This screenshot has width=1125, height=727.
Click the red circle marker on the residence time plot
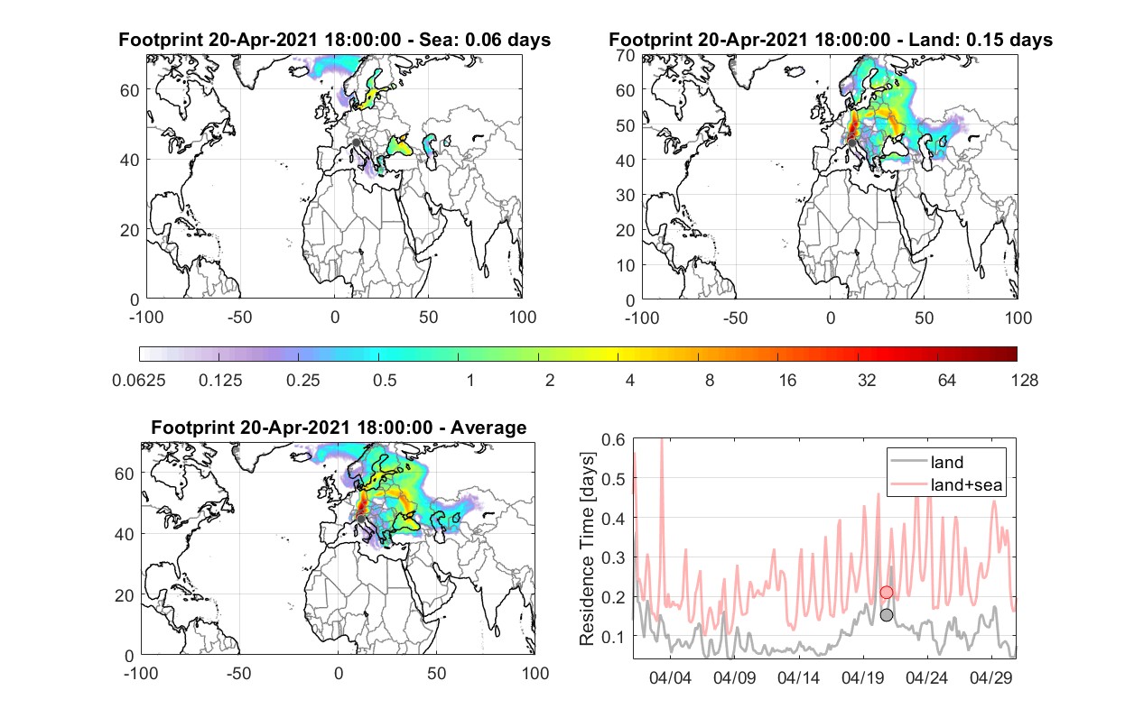tap(887, 592)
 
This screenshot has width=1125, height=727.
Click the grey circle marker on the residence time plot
tap(887, 614)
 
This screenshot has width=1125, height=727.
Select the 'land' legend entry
tap(947, 462)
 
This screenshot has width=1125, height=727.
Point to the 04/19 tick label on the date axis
tap(862, 677)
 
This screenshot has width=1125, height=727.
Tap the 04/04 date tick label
tap(670, 677)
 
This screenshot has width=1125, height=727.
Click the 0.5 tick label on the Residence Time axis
tap(613, 479)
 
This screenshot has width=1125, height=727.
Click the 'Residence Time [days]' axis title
tap(587, 548)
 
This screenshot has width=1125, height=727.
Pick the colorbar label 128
tap(1024, 381)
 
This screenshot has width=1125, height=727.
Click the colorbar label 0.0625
tap(139, 381)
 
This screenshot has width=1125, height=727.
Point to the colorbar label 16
tap(787, 381)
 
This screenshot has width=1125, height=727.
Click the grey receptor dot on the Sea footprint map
tap(356, 143)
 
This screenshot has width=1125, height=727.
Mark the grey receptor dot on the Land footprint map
tap(851, 143)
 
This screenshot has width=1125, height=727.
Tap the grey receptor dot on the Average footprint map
tap(360, 519)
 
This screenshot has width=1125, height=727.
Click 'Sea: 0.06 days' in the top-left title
tap(485, 40)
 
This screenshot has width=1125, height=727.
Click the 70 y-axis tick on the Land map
tap(626, 55)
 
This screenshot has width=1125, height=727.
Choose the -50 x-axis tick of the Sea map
tap(239, 317)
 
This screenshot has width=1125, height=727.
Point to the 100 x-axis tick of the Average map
tap(535, 673)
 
